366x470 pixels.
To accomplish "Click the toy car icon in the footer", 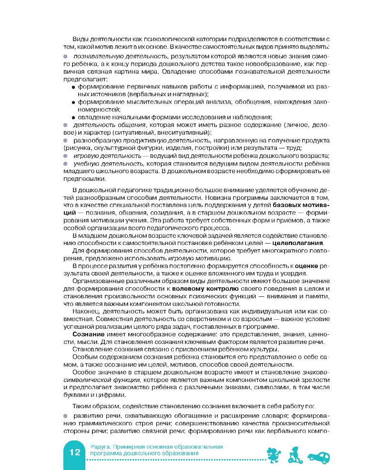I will tap(320, 457).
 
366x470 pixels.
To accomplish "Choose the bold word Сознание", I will tap(87, 335).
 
